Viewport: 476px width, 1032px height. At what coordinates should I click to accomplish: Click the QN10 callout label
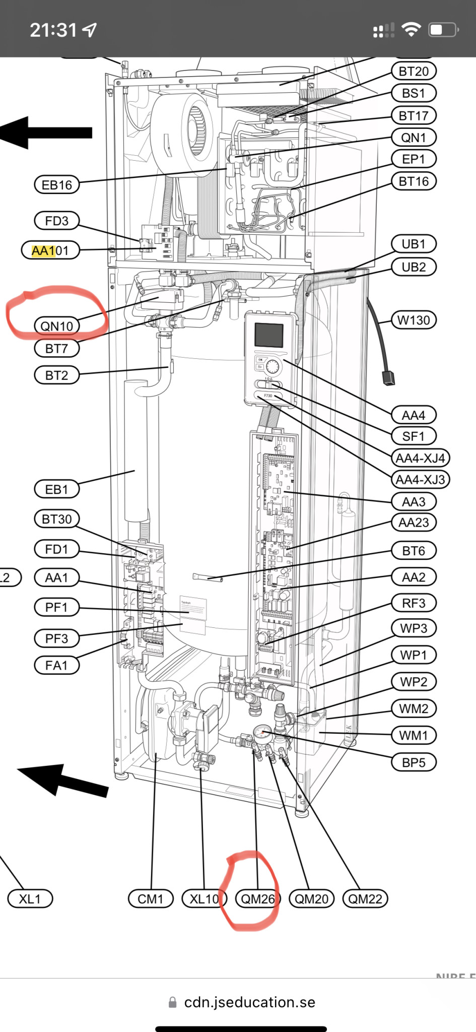point(56,326)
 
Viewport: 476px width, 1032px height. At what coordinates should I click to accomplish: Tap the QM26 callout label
point(257,898)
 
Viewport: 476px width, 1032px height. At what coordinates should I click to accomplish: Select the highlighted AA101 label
point(50,250)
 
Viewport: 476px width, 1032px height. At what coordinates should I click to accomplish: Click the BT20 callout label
point(413,72)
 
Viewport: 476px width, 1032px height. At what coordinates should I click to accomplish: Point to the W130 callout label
point(414,320)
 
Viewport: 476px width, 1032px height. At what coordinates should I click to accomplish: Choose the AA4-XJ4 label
point(420,458)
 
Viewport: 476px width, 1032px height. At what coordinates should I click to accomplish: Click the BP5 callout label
point(414,762)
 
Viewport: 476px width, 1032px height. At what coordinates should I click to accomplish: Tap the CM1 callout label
point(151,898)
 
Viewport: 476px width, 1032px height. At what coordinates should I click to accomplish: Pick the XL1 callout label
point(30,898)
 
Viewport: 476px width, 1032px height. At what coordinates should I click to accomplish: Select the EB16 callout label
point(56,185)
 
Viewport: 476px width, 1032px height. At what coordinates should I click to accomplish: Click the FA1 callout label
point(56,665)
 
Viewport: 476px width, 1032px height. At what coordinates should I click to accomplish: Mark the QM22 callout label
point(365,898)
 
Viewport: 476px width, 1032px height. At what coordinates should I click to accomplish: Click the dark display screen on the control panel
point(268,335)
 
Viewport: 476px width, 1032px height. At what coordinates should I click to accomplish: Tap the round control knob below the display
point(273,365)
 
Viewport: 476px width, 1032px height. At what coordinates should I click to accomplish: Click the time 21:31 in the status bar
point(53,30)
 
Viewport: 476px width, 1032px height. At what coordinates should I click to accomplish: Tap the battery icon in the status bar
point(443,30)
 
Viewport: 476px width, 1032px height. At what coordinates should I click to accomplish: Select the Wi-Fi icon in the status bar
point(411,30)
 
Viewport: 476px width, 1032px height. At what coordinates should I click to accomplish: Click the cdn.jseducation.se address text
point(249,1002)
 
